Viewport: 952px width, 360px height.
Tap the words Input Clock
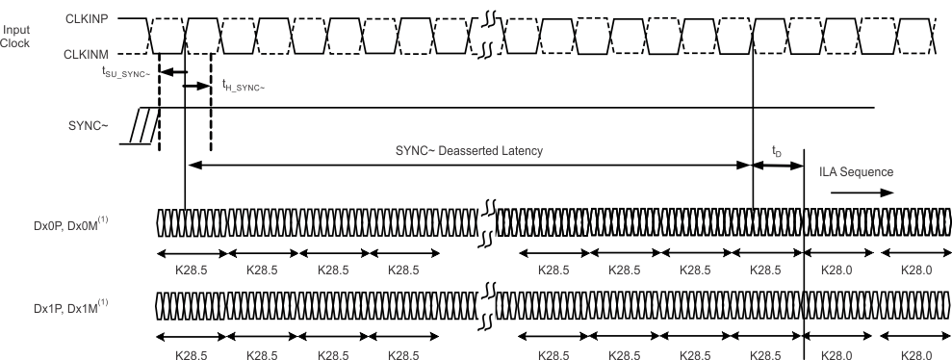click(17, 37)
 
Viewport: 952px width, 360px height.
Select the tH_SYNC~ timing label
click(243, 88)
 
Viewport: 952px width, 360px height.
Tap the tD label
click(777, 152)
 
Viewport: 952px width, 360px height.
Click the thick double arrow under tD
click(778, 166)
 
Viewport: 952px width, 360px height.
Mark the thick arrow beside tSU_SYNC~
click(171, 71)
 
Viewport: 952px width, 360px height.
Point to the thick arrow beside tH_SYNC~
click(196, 87)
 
